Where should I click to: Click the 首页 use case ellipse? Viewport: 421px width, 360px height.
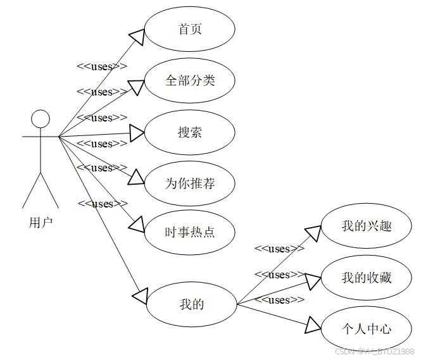[190, 30]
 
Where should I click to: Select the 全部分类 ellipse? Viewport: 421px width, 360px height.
[190, 81]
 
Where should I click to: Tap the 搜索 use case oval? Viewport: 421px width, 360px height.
[190, 132]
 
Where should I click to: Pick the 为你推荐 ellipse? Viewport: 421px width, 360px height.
[190, 183]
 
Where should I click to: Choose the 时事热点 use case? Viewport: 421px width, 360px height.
[190, 232]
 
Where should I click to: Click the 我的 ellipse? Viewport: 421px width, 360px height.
[192, 304]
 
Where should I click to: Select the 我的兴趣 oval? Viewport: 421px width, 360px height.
[367, 226]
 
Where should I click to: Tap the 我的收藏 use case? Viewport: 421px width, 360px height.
[367, 277]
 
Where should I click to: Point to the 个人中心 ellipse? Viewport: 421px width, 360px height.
[367, 329]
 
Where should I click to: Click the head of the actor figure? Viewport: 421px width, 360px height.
[41, 118]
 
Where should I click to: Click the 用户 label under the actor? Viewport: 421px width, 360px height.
[41, 222]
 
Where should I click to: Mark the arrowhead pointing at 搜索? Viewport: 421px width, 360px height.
[137, 133]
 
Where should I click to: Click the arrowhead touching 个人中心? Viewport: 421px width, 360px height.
[313, 325]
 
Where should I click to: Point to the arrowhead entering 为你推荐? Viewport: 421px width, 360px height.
[136, 178]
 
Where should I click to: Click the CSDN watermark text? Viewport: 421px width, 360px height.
[374, 351]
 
